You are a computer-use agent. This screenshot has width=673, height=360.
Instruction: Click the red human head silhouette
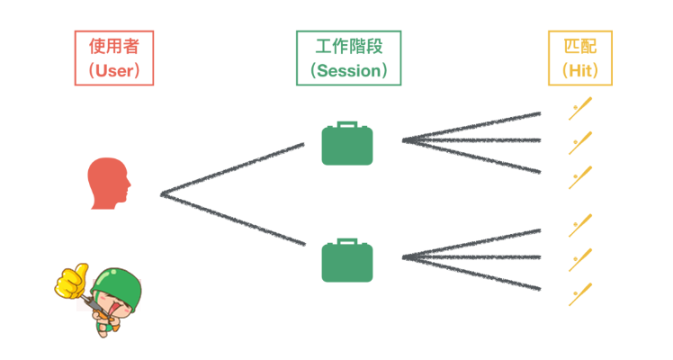coord(110,184)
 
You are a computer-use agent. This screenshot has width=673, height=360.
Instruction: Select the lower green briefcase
coord(347,262)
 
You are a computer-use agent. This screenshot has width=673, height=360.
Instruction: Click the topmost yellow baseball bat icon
coord(580,110)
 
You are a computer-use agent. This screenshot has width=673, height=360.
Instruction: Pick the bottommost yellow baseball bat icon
coord(580,294)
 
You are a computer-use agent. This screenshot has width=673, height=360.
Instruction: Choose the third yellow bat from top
coord(580,176)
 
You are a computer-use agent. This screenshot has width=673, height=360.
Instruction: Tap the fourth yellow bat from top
coord(580,225)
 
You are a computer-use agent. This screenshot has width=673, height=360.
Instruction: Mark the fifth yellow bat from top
coord(580,260)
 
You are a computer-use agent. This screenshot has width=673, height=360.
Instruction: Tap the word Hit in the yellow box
coord(580,69)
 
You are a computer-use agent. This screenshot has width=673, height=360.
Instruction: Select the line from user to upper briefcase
coord(234,168)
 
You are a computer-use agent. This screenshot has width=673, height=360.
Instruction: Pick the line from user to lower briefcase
coord(234,219)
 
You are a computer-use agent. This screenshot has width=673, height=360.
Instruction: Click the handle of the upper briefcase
coord(347,125)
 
